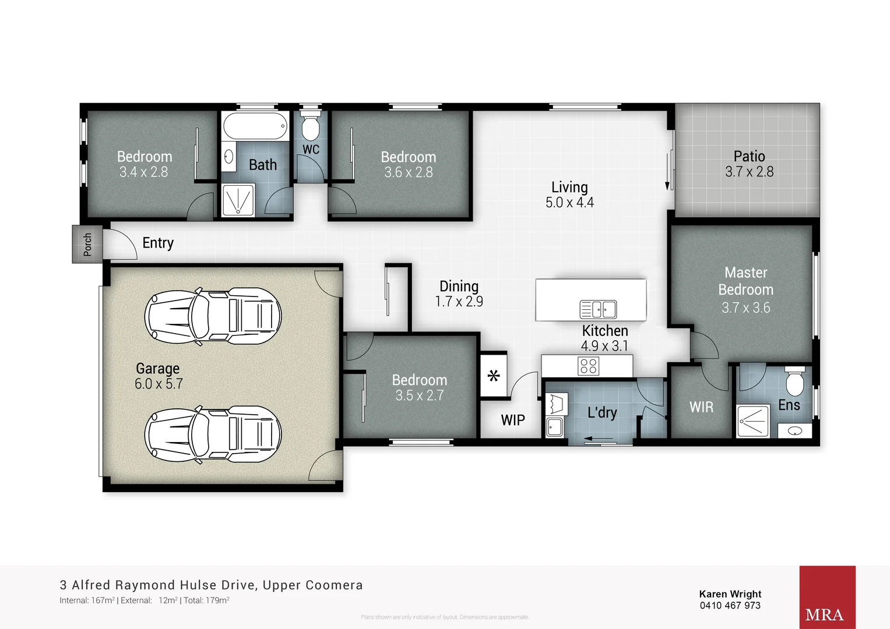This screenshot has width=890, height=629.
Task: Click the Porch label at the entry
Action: click(x=87, y=244)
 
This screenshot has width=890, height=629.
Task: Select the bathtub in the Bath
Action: click(x=255, y=125)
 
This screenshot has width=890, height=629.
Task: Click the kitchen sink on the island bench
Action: click(x=598, y=309)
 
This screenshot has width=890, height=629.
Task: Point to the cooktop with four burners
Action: click(x=588, y=366)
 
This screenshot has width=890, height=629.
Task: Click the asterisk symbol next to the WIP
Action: click(x=494, y=376)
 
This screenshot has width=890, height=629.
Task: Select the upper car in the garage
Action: click(x=213, y=316)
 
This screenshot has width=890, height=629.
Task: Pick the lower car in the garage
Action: click(x=213, y=434)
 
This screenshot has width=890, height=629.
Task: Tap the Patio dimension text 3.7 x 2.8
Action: click(x=749, y=172)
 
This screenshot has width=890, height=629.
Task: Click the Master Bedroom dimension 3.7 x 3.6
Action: click(x=745, y=308)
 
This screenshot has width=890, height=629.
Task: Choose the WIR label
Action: click(x=701, y=407)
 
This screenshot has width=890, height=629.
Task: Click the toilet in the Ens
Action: click(x=795, y=382)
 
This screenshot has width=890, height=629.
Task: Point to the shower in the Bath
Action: click(x=238, y=200)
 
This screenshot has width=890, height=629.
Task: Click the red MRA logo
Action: click(x=827, y=597)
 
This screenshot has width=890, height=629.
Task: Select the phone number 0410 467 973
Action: click(x=730, y=606)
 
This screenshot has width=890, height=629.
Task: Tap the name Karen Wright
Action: click(x=730, y=594)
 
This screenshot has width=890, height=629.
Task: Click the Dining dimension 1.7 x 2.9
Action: click(x=459, y=302)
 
